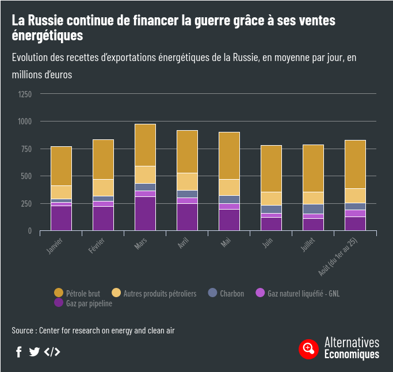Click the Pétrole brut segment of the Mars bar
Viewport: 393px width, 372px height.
tap(145, 145)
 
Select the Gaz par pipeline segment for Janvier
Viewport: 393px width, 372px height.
tap(61, 218)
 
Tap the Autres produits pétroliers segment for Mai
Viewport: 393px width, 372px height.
tap(229, 187)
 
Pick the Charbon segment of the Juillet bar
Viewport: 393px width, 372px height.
tap(313, 208)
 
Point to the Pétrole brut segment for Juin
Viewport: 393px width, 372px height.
tap(271, 168)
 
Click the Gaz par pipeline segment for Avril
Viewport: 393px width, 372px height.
tap(187, 217)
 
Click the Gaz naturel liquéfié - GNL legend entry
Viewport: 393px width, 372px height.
tap(297, 293)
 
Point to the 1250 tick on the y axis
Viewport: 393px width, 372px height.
tap(25, 94)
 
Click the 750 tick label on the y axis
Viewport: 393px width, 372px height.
tap(26, 149)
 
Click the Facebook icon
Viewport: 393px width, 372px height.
tap(19, 352)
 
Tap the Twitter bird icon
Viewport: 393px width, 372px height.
tap(35, 352)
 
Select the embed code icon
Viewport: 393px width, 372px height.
tap(52, 352)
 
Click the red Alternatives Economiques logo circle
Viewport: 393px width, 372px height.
tap(308, 348)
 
